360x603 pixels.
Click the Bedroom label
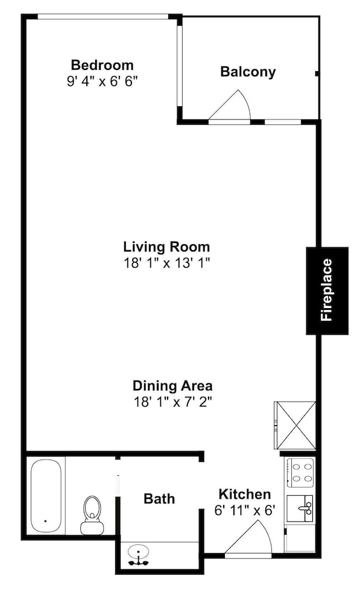pyautogui.click(x=103, y=65)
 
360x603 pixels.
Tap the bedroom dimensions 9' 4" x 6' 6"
pyautogui.click(x=103, y=81)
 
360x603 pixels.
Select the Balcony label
pyautogui.click(x=248, y=72)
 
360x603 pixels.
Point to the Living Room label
pyautogui.click(x=166, y=247)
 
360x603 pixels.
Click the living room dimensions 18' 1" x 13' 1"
pyautogui.click(x=166, y=263)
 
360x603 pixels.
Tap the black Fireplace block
pyautogui.click(x=327, y=291)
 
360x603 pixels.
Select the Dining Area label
pyautogui.click(x=172, y=385)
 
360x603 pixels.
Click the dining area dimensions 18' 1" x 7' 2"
pyautogui.click(x=172, y=402)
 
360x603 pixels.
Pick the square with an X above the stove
pyautogui.click(x=295, y=425)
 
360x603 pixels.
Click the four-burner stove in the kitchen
pyautogui.click(x=300, y=473)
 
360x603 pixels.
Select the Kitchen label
pyautogui.click(x=245, y=494)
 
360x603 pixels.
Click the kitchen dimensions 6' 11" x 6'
pyautogui.click(x=245, y=510)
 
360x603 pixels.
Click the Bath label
pyautogui.click(x=159, y=499)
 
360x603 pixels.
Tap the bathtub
pyautogui.click(x=46, y=496)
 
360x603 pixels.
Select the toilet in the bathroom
pyautogui.click(x=92, y=514)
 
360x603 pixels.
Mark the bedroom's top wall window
pyautogui.click(x=103, y=16)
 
